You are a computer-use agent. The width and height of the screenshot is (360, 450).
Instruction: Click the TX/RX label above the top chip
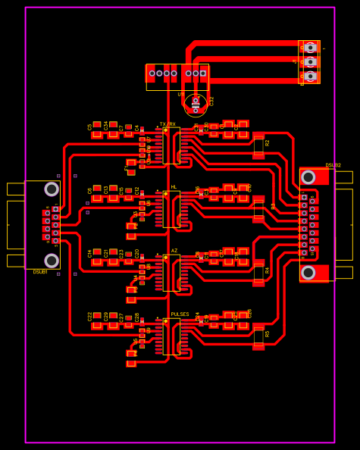[167, 123]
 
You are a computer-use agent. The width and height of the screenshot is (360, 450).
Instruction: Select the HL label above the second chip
[174, 186]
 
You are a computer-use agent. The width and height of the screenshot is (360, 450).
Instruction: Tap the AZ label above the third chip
[174, 250]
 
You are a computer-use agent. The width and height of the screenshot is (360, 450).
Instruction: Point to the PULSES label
[180, 314]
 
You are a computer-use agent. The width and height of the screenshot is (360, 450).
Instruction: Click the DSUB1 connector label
[40, 271]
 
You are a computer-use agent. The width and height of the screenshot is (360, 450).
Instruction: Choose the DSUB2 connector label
[333, 165]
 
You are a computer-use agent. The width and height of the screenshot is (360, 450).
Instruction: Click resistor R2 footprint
[258, 147]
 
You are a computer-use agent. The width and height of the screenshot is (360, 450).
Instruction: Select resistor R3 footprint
[258, 209]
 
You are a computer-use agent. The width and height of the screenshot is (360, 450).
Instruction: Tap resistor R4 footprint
[258, 273]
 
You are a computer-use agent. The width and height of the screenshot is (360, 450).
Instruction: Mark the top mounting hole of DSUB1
[52, 189]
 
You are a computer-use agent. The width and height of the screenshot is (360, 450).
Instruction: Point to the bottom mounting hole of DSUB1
[52, 260]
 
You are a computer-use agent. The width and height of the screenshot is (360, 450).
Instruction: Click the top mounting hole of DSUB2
[308, 177]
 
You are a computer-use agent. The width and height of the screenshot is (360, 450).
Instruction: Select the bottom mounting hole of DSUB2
[308, 272]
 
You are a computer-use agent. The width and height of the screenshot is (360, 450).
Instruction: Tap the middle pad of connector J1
[310, 61]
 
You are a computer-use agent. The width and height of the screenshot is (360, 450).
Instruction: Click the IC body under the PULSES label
[171, 336]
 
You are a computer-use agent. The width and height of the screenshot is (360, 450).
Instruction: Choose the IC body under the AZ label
[171, 273]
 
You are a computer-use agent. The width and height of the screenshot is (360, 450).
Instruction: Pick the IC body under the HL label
[171, 209]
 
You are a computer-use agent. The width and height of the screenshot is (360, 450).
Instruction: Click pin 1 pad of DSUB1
[55, 209]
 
